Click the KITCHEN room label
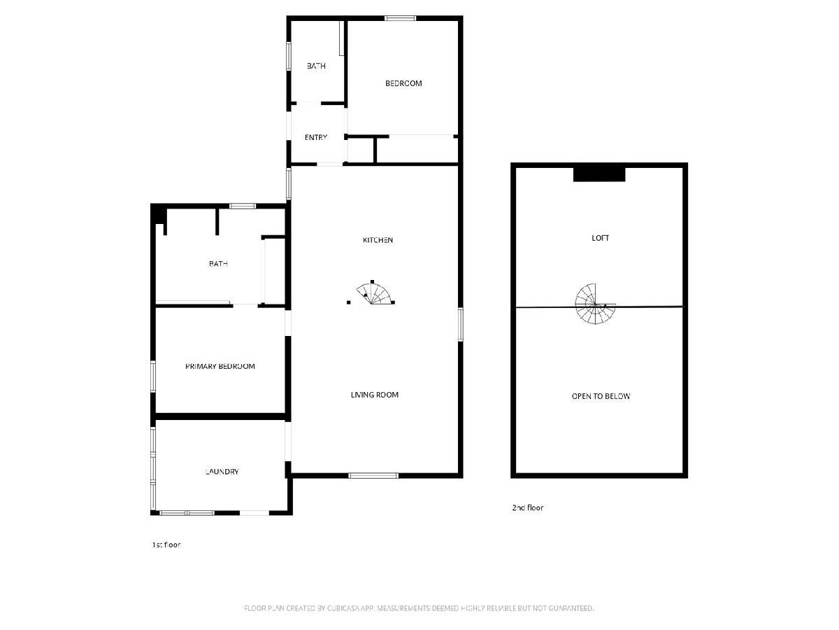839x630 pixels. coord(378,240)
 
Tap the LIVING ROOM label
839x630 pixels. coord(375,395)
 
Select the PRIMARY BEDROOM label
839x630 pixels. coord(220,366)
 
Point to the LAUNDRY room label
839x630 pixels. coord(222,472)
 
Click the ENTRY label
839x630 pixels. coord(316,137)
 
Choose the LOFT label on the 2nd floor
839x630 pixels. coord(600,238)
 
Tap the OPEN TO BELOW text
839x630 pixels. coord(601,396)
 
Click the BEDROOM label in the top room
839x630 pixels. coord(403,83)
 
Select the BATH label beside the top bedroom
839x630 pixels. coord(317,66)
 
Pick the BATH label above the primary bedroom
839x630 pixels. coord(219,264)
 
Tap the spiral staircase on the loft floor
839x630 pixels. coord(595,304)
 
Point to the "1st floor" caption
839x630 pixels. coord(166,545)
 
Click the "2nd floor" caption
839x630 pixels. coord(527,507)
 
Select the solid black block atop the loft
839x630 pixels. coord(599,174)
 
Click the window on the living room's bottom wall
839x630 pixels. coord(373,475)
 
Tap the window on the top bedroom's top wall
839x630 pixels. coord(400,18)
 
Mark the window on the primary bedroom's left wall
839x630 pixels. coord(153,377)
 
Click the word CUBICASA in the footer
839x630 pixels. coord(343,608)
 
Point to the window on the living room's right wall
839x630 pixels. coord(461,324)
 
